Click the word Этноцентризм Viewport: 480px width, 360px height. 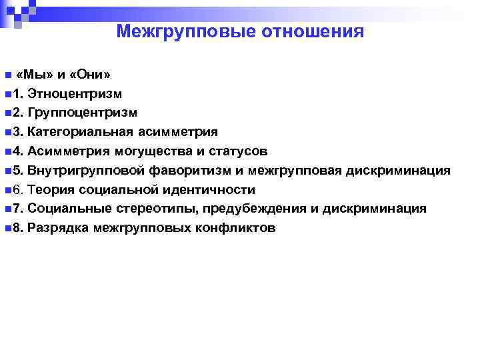75,93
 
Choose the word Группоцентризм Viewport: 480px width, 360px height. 83,113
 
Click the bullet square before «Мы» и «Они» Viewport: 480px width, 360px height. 7,75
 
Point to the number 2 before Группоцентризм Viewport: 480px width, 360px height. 17,113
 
